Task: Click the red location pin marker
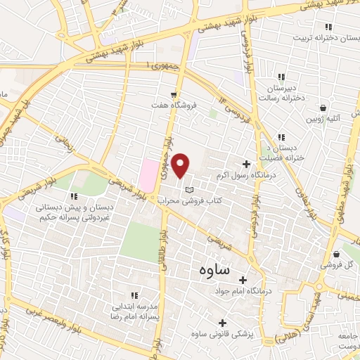tap(181, 165)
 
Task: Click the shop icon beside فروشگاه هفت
tap(174, 94)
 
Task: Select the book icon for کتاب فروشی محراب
tap(188, 190)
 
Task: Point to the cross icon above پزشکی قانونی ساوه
tap(223, 323)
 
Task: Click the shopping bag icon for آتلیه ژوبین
tap(323, 108)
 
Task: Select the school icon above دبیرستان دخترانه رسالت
tap(282, 77)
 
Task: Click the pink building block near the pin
tap(148, 175)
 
